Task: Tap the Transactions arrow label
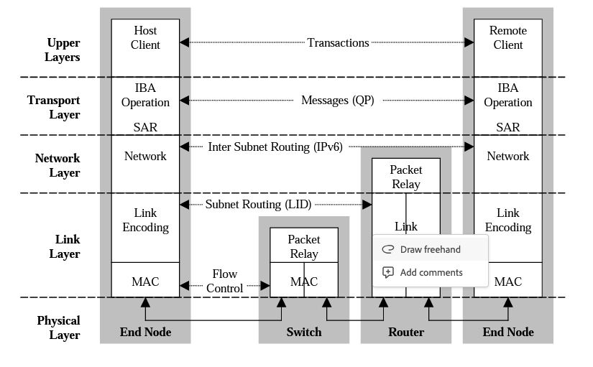338,43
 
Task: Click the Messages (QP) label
337,101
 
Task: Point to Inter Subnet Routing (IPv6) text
275,147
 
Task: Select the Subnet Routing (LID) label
258,205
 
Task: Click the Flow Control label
224,282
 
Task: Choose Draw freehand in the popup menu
430,249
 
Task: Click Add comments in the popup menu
431,272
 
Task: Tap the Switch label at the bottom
303,332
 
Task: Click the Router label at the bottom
406,332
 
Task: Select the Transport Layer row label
54,107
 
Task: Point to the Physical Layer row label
58,327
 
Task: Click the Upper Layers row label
63,50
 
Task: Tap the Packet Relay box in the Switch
303,246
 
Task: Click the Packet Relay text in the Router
405,177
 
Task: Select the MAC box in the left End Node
145,282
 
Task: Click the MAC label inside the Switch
303,282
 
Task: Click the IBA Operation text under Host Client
145,96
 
